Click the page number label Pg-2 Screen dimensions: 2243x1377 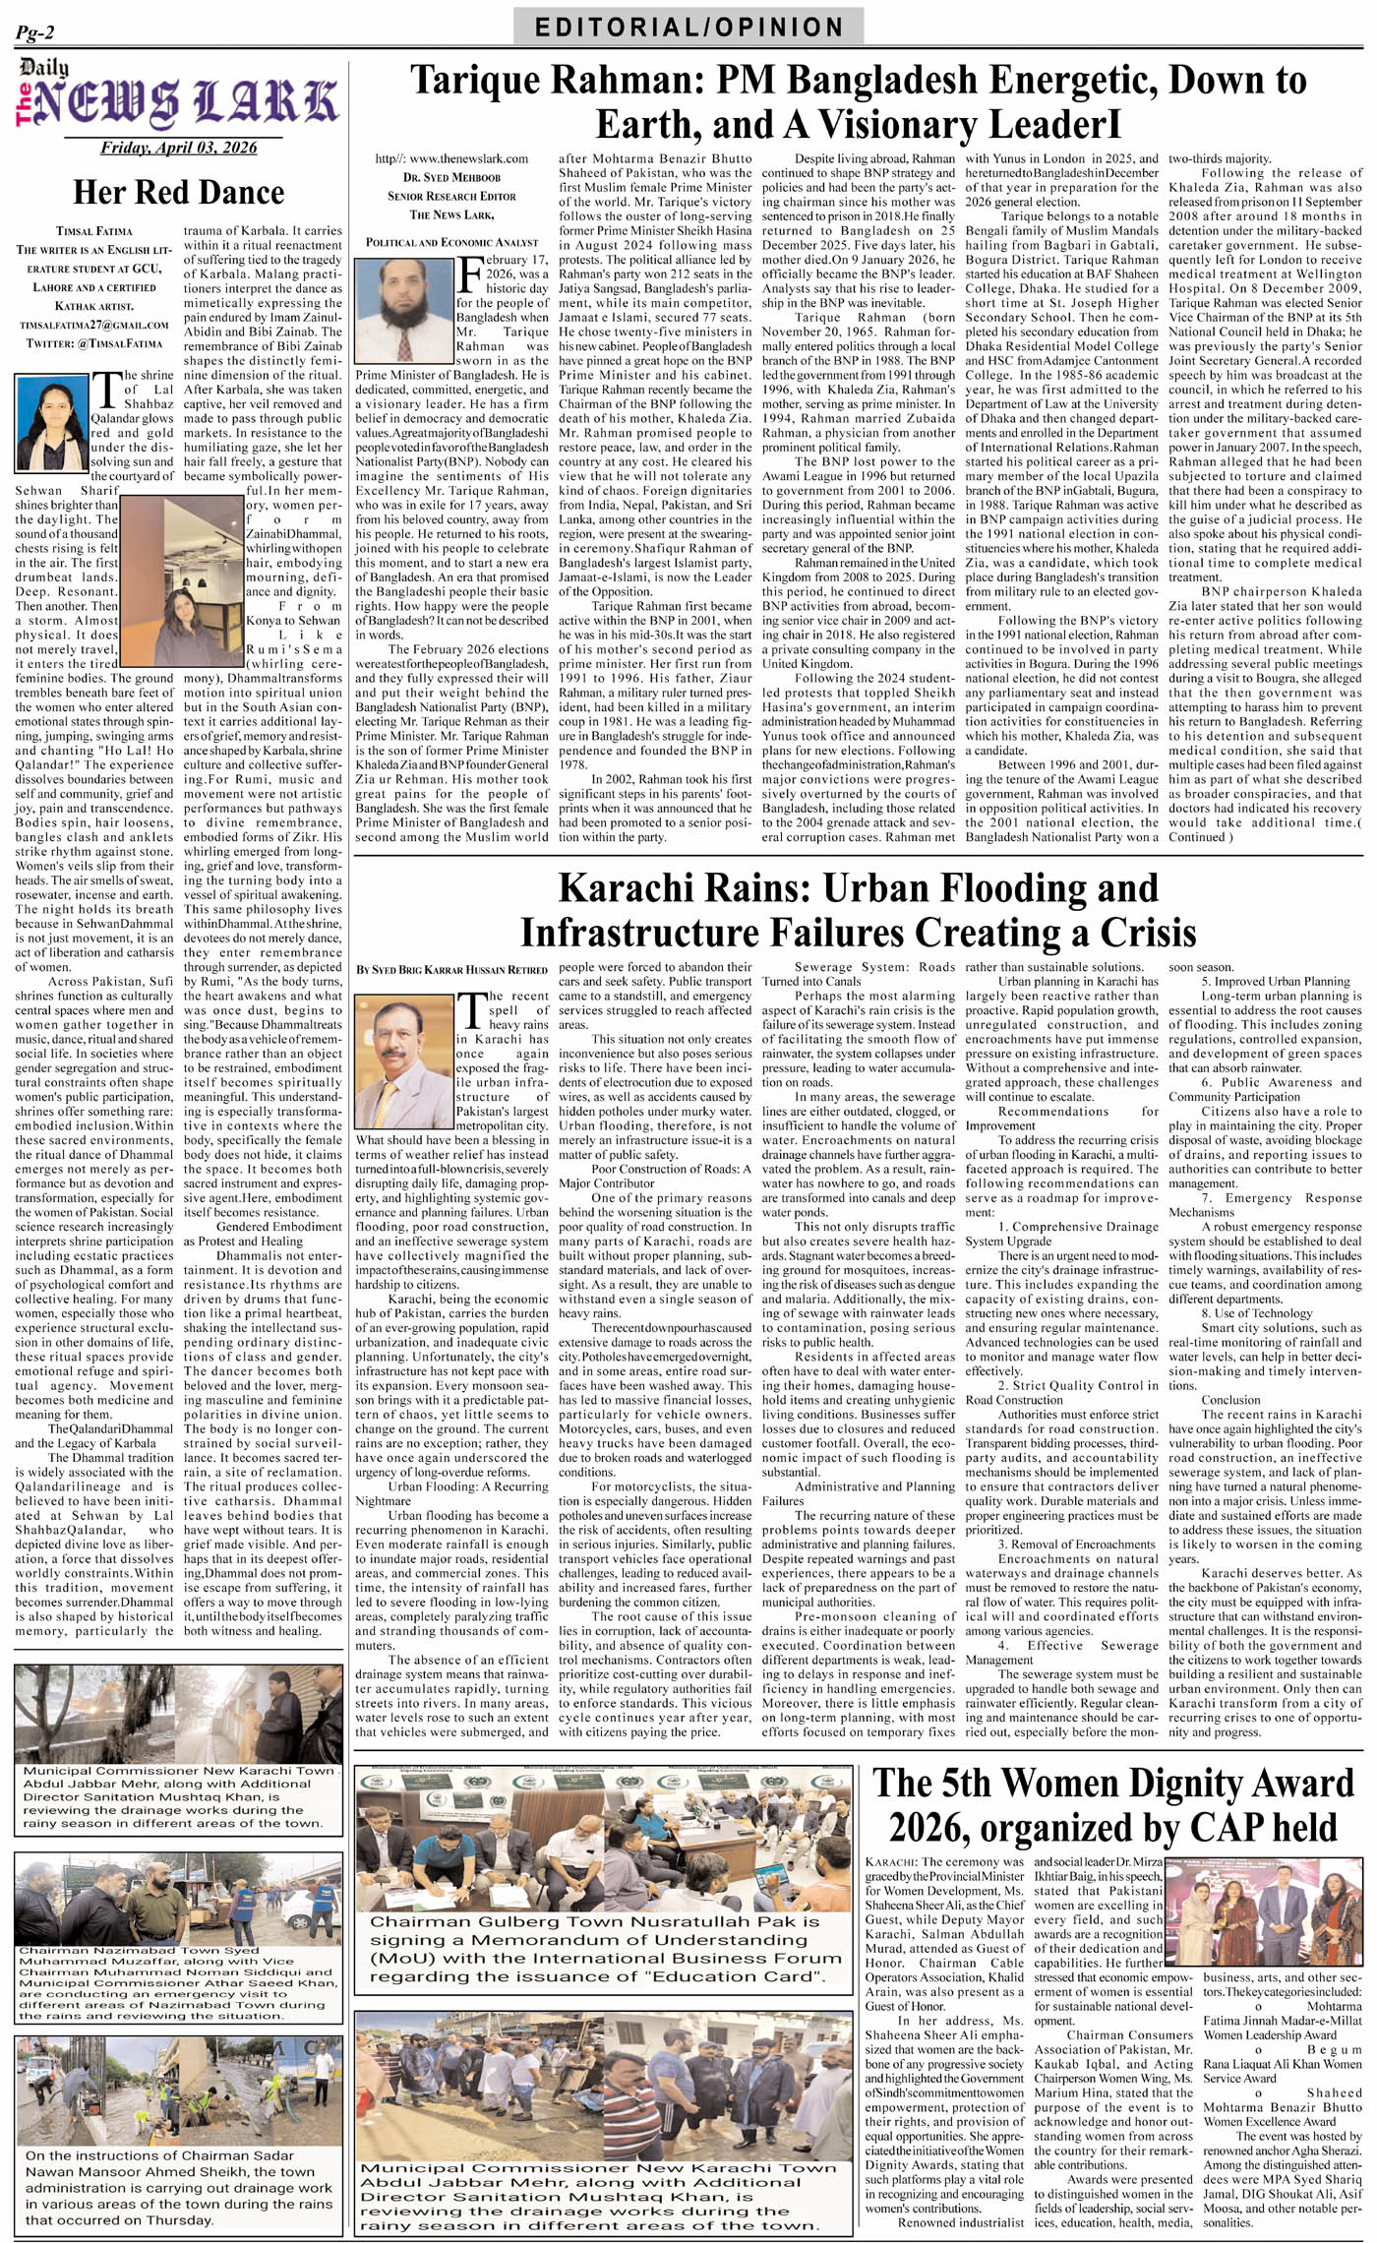34,33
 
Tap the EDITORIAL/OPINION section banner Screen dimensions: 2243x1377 688,27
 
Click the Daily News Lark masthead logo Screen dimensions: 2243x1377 177,98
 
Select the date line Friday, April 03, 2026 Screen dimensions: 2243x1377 178,148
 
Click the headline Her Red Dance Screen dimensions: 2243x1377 178,192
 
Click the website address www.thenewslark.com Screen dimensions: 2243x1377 451,157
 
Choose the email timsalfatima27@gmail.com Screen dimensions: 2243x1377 93,324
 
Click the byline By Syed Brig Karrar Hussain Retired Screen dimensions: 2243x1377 451,969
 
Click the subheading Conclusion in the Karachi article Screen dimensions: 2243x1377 1229,1399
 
